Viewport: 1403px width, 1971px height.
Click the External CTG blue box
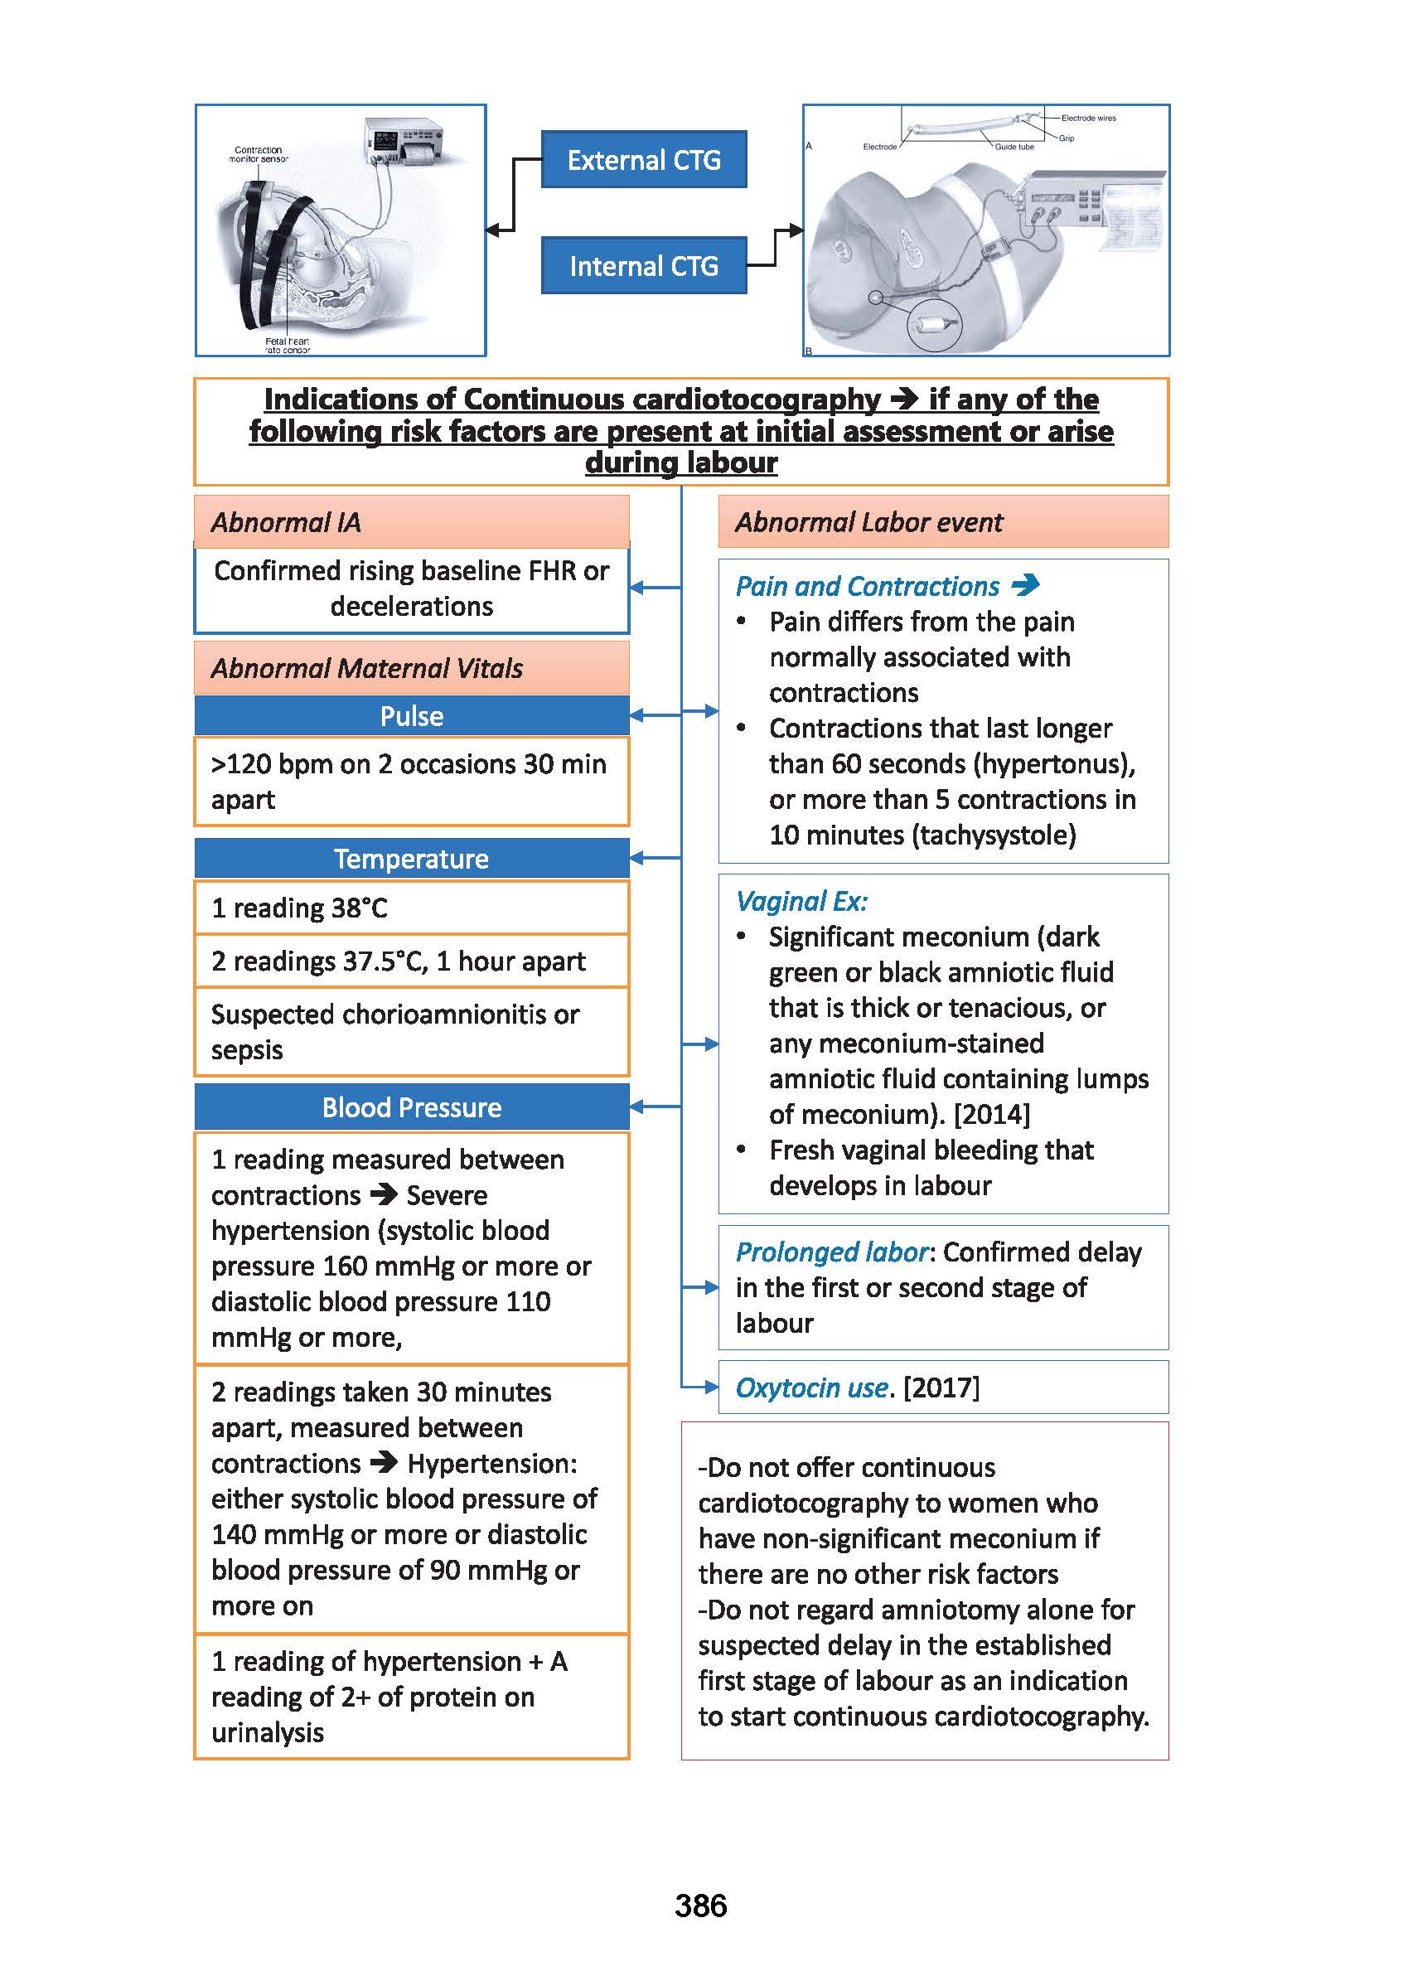click(644, 160)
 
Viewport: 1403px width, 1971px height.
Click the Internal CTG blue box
click(644, 266)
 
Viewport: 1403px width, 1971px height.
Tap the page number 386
click(700, 1906)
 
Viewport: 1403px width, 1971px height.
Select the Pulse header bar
click(411, 716)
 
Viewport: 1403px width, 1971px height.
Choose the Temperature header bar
click(411, 859)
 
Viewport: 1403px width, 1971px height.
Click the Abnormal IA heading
click(286, 523)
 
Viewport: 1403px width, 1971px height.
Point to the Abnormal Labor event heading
click(868, 523)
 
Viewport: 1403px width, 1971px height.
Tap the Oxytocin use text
click(811, 1387)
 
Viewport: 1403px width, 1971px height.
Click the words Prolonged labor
click(831, 1252)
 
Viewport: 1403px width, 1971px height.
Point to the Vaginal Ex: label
click(801, 901)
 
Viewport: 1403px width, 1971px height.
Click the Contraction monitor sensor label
click(258, 154)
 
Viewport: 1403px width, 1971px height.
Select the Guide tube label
click(1014, 147)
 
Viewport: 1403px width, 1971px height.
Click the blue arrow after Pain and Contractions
click(1025, 586)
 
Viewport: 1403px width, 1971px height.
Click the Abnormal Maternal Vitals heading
click(366, 669)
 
